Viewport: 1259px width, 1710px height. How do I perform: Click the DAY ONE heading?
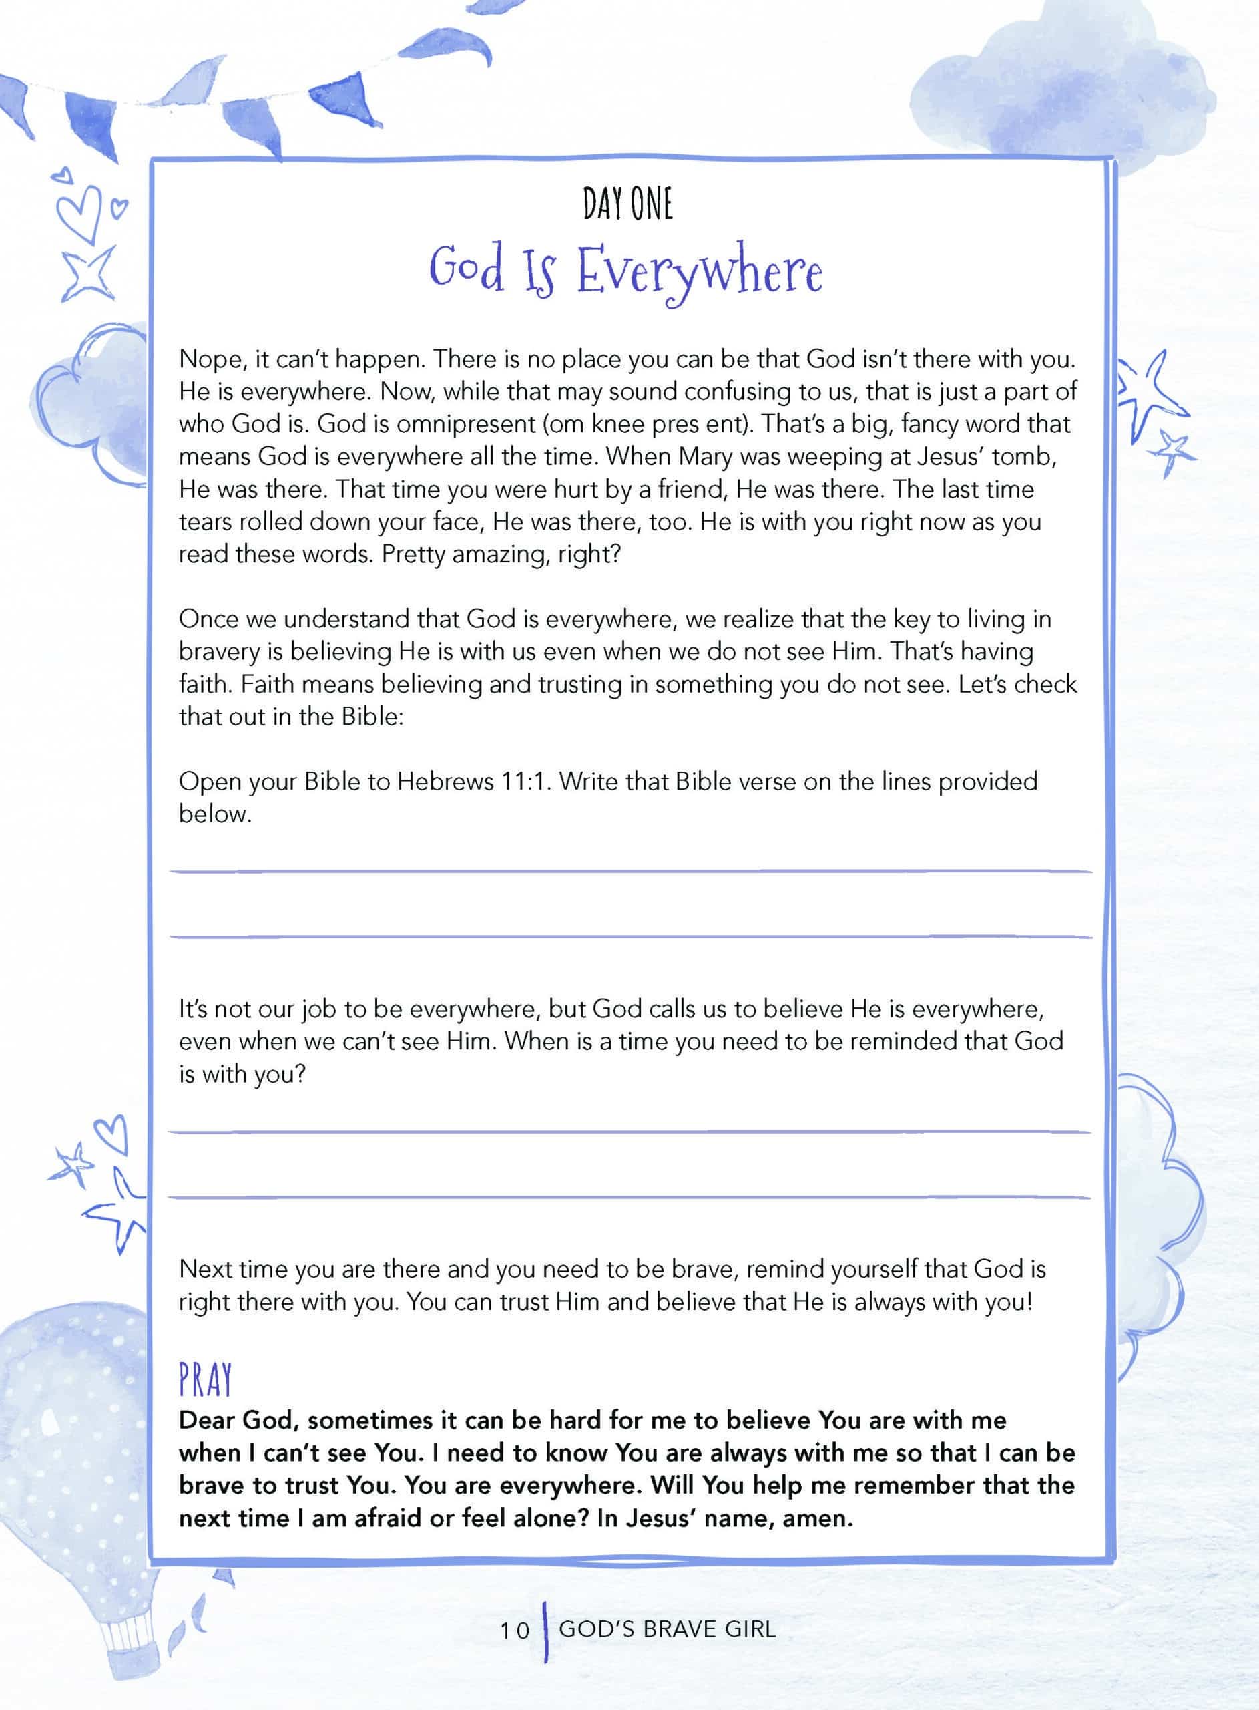627,204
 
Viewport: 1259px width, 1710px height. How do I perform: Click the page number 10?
515,1630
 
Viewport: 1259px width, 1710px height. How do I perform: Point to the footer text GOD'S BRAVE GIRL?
667,1629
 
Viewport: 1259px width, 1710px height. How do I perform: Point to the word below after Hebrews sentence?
214,814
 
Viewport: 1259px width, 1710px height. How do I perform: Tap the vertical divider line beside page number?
545,1630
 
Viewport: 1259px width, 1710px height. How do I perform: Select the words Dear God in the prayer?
236,1420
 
